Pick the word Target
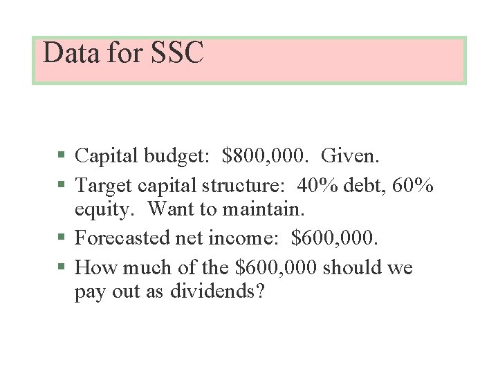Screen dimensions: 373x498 pos(104,185)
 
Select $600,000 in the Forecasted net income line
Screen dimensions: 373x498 pos(335,238)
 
